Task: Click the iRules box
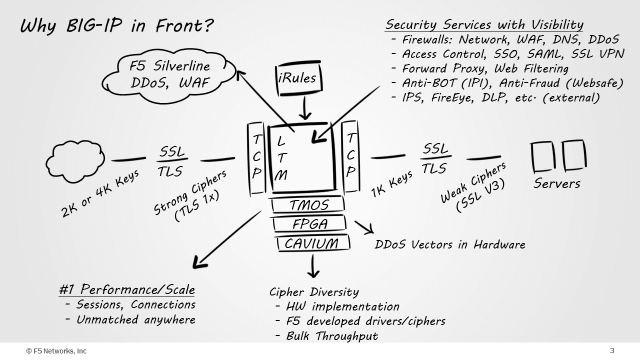click(299, 78)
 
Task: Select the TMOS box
click(308, 204)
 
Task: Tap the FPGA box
click(309, 224)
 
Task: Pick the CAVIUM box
click(312, 243)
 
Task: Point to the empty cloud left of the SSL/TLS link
click(75, 161)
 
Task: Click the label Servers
click(557, 184)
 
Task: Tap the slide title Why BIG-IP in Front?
click(117, 26)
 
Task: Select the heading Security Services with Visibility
click(484, 24)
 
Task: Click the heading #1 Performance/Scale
click(127, 289)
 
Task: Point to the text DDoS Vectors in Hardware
click(450, 244)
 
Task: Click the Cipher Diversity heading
click(314, 292)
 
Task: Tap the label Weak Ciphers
click(473, 182)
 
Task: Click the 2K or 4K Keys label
click(100, 193)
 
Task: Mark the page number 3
click(612, 351)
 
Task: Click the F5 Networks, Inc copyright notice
click(56, 351)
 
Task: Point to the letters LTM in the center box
click(281, 158)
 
